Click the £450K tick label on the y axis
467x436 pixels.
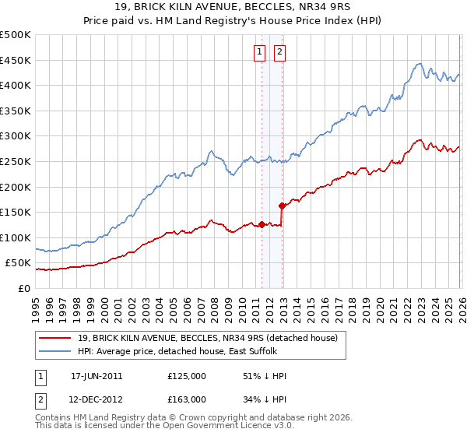point(16,60)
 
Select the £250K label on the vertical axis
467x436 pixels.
point(16,161)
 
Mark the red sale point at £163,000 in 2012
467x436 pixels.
point(282,206)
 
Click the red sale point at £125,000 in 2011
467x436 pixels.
point(262,225)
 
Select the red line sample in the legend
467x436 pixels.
point(54,339)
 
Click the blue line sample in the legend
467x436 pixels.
point(54,352)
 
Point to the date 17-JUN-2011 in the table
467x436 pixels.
point(97,376)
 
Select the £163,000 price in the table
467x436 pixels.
point(186,399)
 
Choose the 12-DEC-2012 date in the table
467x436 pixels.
point(97,399)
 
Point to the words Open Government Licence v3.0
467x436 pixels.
point(234,427)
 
